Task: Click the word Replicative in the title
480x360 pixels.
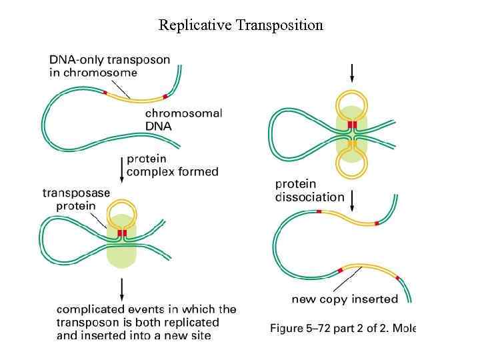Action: click(191, 25)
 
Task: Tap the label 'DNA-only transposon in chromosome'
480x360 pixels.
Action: click(110, 66)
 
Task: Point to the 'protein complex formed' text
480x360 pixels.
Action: click(172, 165)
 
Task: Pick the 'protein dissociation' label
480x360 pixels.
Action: click(309, 190)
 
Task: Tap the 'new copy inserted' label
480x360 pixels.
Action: click(345, 299)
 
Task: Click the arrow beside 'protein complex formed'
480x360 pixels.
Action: click(121, 167)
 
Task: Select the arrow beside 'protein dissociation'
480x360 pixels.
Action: click(353, 199)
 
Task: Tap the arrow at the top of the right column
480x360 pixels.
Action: click(352, 72)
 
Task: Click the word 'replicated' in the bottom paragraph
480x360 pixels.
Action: click(192, 322)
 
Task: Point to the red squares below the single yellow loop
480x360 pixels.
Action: click(121, 233)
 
